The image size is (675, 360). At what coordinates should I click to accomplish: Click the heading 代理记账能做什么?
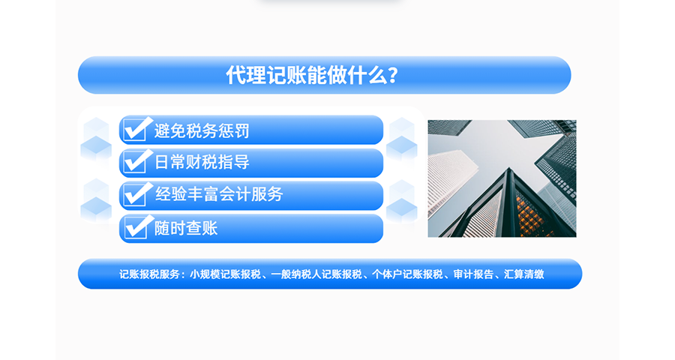(312, 76)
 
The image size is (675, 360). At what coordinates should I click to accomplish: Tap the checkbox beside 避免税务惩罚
(136, 130)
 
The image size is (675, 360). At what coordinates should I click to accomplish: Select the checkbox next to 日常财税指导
(136, 162)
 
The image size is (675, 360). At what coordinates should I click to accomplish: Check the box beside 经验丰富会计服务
(136, 195)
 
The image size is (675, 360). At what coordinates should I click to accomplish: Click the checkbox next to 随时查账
(136, 227)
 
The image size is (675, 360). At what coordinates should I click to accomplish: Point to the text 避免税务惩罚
(202, 131)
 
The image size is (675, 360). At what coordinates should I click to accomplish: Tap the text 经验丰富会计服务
(219, 195)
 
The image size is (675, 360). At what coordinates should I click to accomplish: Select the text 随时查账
(186, 228)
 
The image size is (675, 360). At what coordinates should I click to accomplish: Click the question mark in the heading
(393, 76)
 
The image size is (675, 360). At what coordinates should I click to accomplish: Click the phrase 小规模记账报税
(225, 274)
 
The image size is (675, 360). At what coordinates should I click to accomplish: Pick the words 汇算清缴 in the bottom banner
(524, 274)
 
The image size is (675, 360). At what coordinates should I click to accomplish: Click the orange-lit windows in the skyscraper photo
(530, 214)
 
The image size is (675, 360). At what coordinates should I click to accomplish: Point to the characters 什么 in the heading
(370, 76)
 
